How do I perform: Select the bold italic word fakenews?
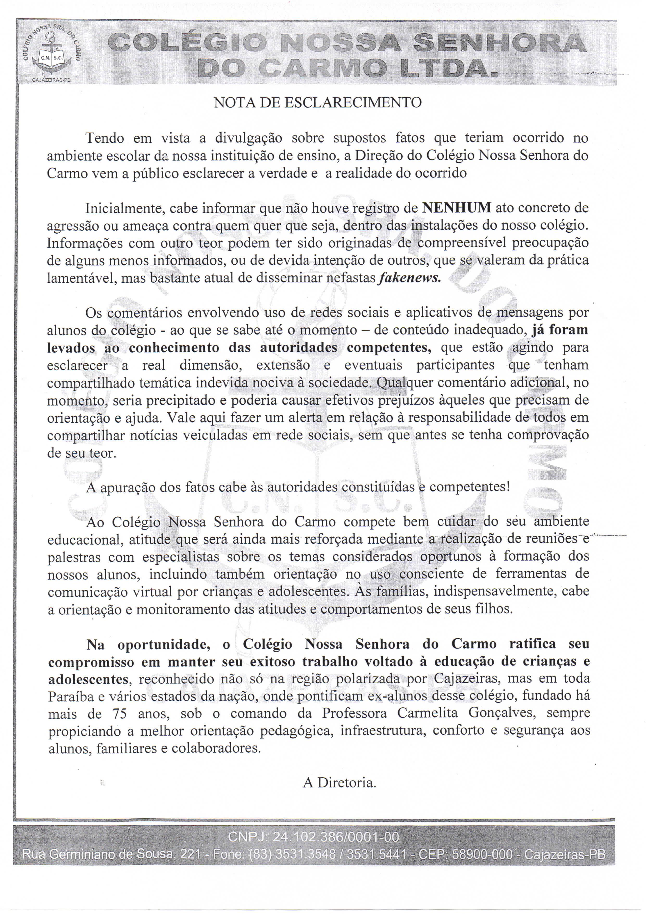pos(410,278)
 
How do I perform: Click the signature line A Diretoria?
pos(340,783)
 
